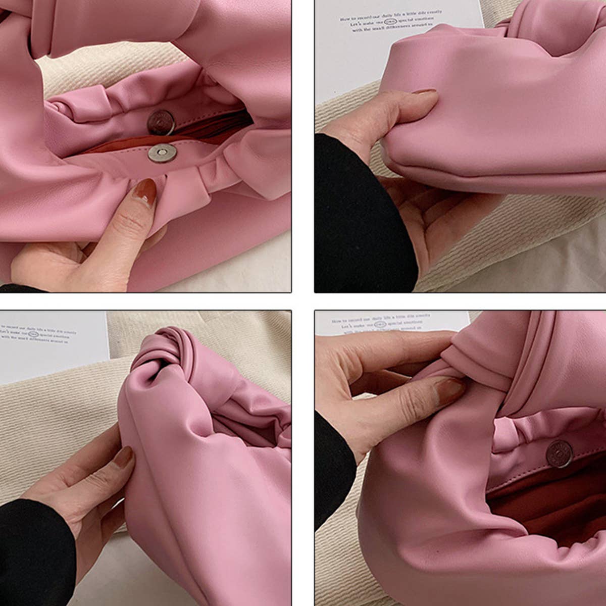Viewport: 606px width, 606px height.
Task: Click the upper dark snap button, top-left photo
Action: [x=161, y=122]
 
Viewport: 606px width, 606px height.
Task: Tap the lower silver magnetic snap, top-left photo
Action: [x=162, y=153]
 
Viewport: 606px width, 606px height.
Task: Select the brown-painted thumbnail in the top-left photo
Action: [x=145, y=192]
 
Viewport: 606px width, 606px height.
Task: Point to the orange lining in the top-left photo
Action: [x=116, y=147]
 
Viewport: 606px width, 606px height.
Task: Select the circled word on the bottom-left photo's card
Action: [x=33, y=334]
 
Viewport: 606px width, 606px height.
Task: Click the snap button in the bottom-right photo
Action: [x=559, y=453]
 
